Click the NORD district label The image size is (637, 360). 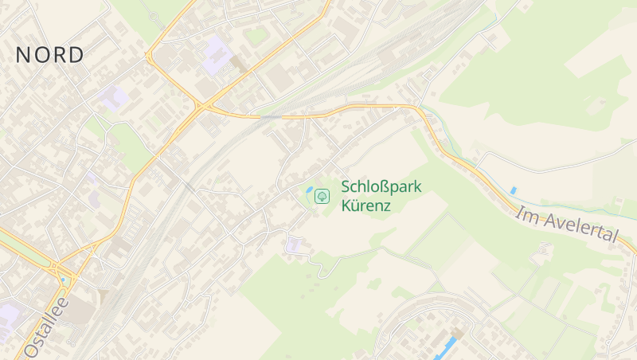pyautogui.click(x=49, y=55)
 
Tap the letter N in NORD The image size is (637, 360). pyautogui.click(x=23, y=55)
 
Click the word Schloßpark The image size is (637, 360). pyautogui.click(x=381, y=187)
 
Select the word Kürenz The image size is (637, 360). pyautogui.click(x=366, y=205)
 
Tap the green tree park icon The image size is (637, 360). pyautogui.click(x=322, y=195)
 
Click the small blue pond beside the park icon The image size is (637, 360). pyautogui.click(x=308, y=190)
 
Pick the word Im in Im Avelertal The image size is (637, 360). pyautogui.click(x=525, y=213)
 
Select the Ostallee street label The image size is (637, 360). pyautogui.click(x=46, y=326)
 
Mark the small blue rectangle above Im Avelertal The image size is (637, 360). pyautogui.click(x=514, y=190)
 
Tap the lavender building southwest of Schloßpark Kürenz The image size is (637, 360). pyautogui.click(x=295, y=245)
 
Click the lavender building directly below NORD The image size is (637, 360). pyautogui.click(x=113, y=99)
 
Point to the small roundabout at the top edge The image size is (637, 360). pyautogui.click(x=153, y=14)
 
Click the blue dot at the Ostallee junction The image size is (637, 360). pyautogui.click(x=63, y=280)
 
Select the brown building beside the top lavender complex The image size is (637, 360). pyautogui.click(x=238, y=64)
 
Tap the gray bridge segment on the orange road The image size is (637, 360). pyautogui.click(x=271, y=116)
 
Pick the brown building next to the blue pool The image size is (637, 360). pyautogui.click(x=459, y=332)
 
